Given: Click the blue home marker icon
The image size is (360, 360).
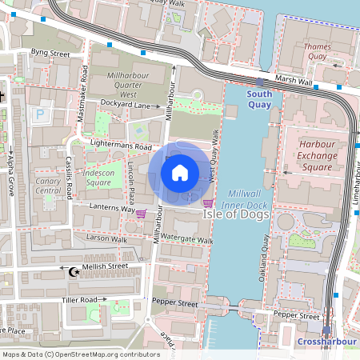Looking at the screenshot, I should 180,172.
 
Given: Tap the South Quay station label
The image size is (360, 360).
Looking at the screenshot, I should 259,98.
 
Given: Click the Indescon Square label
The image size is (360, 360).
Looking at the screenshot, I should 100,177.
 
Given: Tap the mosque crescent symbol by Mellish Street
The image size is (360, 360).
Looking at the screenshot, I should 74,272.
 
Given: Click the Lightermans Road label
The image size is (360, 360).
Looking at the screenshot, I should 121,147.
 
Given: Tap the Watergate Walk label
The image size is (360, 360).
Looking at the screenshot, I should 187,239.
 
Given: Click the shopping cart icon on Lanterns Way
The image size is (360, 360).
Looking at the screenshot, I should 142,214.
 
